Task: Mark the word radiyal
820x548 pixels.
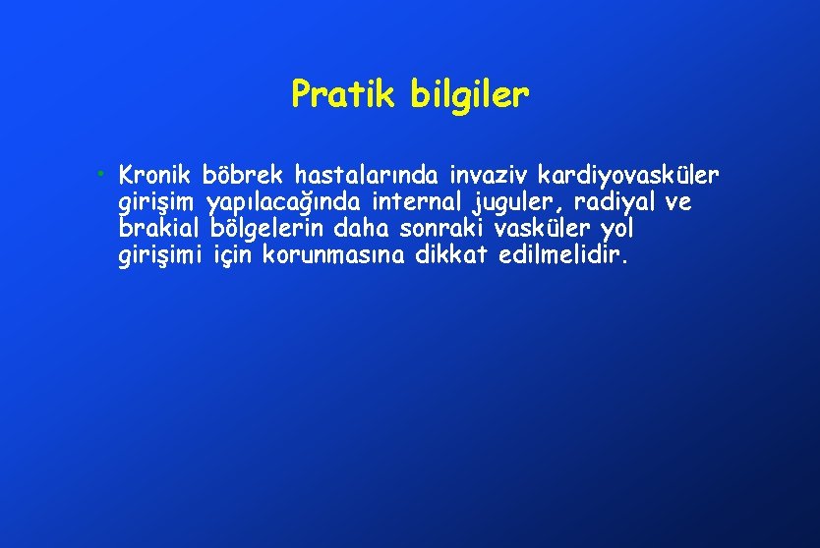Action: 618,204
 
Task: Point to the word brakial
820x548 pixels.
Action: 158,230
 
